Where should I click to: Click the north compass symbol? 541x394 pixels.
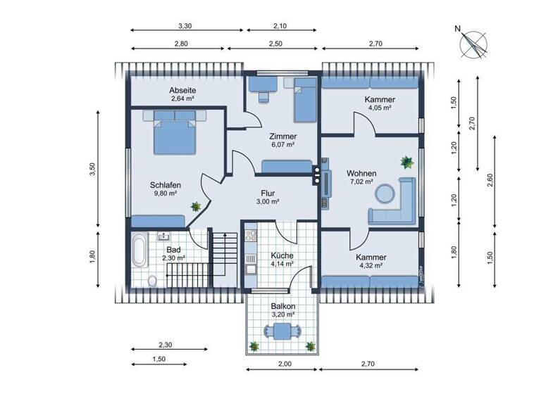[x=473, y=44]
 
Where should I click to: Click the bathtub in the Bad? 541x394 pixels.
[x=139, y=251]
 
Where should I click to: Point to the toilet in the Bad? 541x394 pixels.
[x=153, y=281]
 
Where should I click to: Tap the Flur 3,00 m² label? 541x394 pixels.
[x=267, y=196]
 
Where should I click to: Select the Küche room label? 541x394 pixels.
[x=281, y=256]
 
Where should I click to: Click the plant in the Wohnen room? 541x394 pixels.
[x=406, y=163]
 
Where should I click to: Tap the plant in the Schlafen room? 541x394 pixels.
[x=195, y=206]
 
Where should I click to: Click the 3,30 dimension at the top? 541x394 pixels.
[x=185, y=26]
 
